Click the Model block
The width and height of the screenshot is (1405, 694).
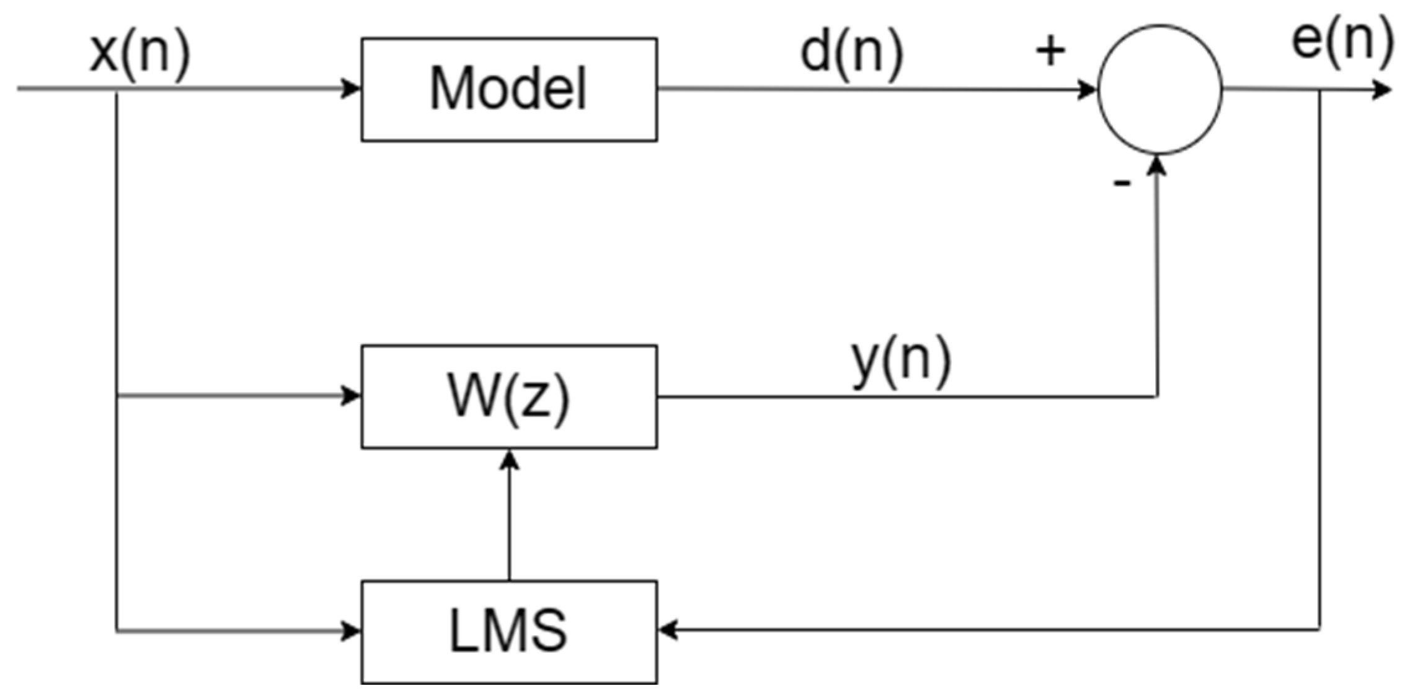tap(509, 90)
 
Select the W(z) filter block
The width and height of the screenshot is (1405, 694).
tap(509, 397)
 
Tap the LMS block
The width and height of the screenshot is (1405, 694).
tap(509, 631)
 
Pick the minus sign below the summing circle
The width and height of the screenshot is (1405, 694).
tap(1122, 183)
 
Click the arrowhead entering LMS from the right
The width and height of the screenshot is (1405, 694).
tap(668, 630)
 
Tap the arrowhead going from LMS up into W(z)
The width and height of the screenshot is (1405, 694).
tap(509, 460)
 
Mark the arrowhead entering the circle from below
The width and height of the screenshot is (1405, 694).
tap(1157, 165)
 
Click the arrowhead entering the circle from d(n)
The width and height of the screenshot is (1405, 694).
tap(1086, 90)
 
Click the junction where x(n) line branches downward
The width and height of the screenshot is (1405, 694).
tap(117, 89)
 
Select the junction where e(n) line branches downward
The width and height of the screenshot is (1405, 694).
tap(1319, 90)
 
